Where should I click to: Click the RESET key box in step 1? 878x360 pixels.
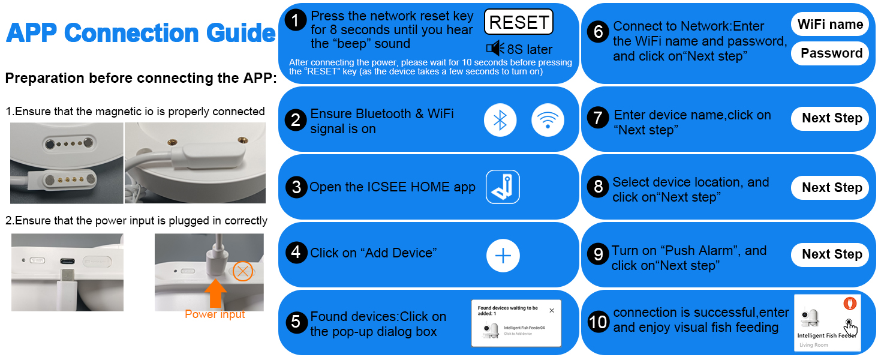[x=519, y=22]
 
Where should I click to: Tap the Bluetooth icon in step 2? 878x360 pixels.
[x=500, y=120]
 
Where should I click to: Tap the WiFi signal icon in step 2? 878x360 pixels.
[x=548, y=120]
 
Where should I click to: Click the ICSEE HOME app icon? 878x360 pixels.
[x=503, y=187]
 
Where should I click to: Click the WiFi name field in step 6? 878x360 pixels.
[x=830, y=25]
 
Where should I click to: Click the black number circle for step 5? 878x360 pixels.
[x=296, y=322]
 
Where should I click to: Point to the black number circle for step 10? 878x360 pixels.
[x=598, y=322]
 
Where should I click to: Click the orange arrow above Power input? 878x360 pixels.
[x=215, y=293]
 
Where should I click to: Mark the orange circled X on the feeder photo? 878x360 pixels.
[x=243, y=271]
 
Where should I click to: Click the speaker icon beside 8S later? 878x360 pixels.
[x=495, y=48]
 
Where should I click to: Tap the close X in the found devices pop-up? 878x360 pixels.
[x=552, y=311]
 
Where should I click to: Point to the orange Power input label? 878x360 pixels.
[x=215, y=314]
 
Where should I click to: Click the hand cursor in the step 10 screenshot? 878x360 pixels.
[x=850, y=328]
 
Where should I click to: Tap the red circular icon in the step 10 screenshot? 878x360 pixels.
[x=850, y=303]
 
